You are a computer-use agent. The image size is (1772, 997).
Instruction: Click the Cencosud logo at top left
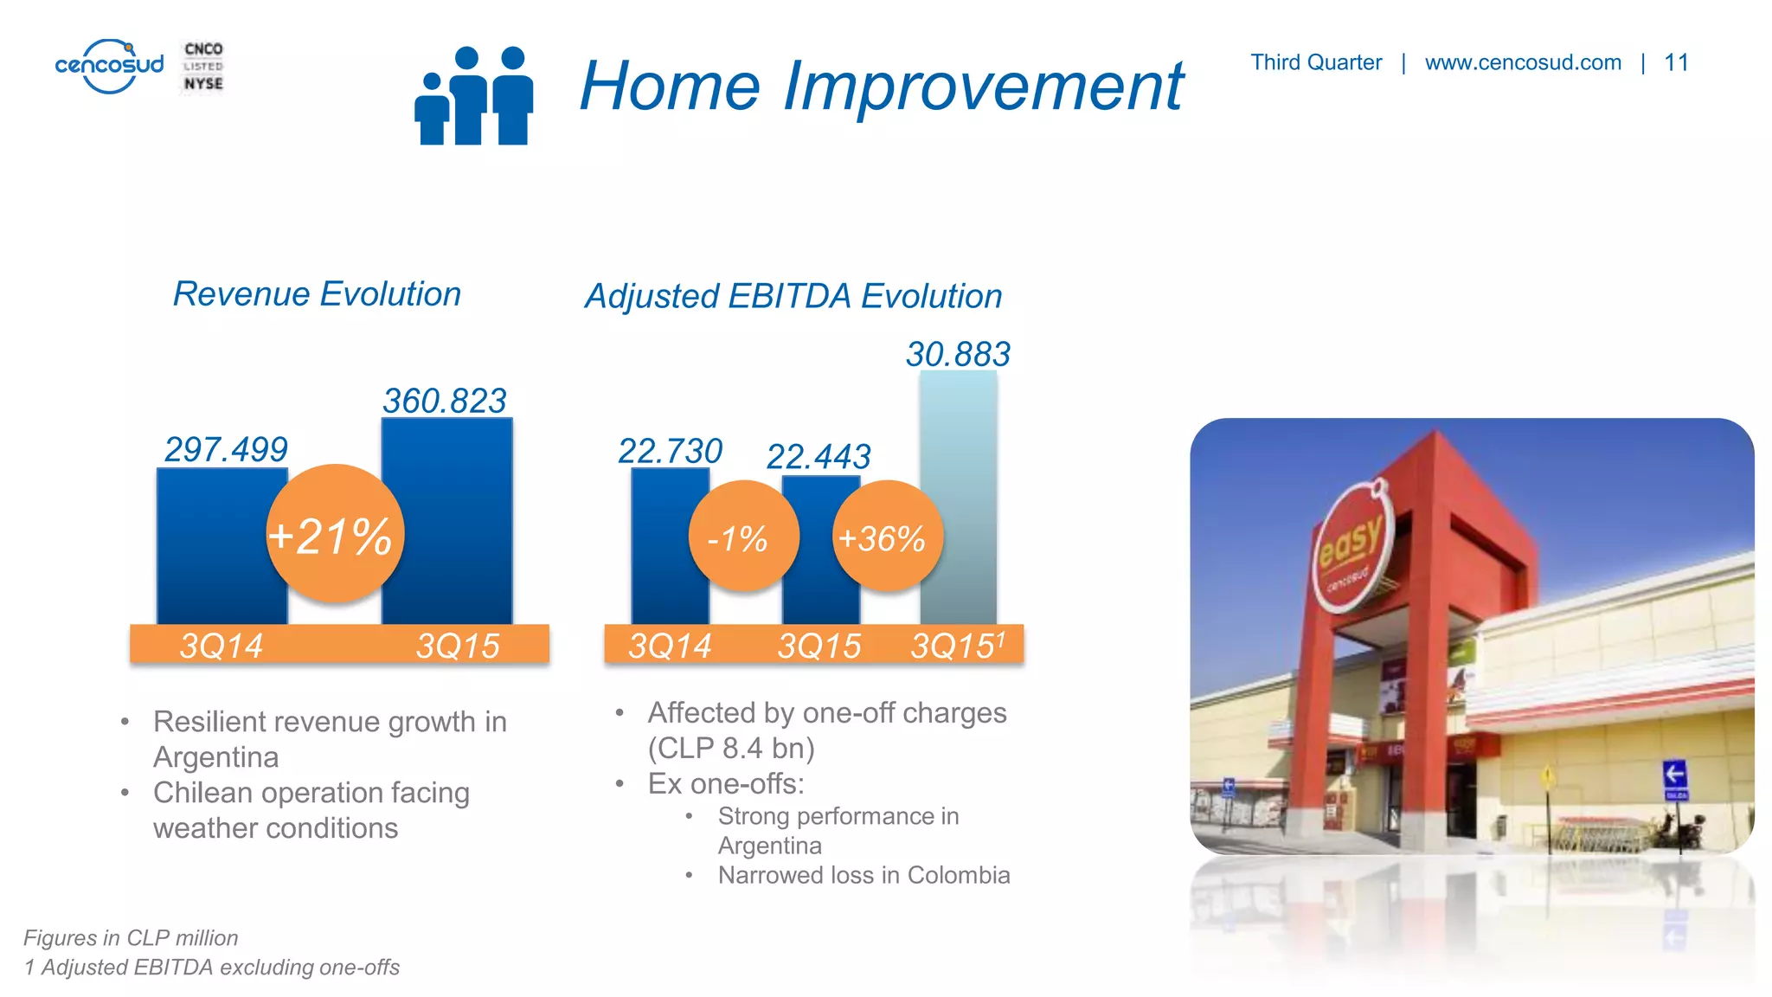(109, 66)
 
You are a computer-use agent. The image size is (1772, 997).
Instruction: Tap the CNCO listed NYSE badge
(203, 67)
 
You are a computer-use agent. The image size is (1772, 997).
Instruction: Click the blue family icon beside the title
(473, 95)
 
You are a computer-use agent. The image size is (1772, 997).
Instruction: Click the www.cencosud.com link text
(1523, 62)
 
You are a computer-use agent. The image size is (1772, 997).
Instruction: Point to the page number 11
(1676, 62)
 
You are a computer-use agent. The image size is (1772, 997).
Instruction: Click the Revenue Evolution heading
(317, 294)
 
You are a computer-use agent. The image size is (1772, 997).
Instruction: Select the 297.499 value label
(226, 449)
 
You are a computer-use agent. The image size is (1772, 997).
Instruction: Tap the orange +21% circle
(335, 534)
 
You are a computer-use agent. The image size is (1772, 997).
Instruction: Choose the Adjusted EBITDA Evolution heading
(793, 296)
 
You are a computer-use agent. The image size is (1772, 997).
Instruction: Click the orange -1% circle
(742, 537)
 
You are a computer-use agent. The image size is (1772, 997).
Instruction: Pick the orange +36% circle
(886, 537)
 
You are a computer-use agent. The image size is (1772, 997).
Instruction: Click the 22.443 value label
(819, 456)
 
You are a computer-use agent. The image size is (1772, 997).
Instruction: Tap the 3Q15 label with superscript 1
(957, 646)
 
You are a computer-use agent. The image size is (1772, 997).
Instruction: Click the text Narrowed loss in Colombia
(864, 875)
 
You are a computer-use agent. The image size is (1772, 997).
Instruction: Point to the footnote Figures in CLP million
(131, 938)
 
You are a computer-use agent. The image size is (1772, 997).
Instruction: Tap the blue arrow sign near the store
(1674, 775)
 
